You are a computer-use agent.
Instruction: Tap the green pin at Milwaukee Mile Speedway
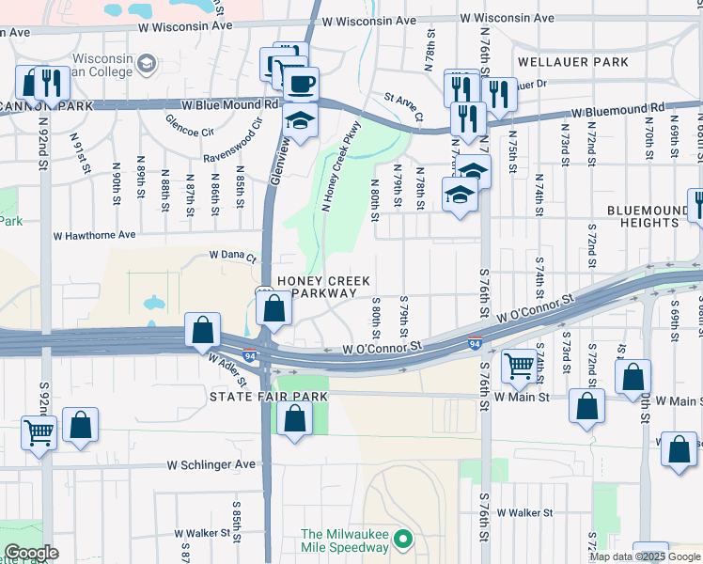coord(403,540)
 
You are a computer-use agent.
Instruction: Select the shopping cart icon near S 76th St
coord(519,366)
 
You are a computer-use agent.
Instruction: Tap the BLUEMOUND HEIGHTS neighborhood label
coord(649,217)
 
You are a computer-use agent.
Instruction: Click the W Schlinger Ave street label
coord(211,464)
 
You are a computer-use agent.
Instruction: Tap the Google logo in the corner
coord(31,553)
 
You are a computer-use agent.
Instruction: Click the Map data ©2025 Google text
coord(645,556)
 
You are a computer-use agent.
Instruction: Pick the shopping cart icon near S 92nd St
coord(39,432)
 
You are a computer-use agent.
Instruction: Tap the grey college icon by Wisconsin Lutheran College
coord(146,63)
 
